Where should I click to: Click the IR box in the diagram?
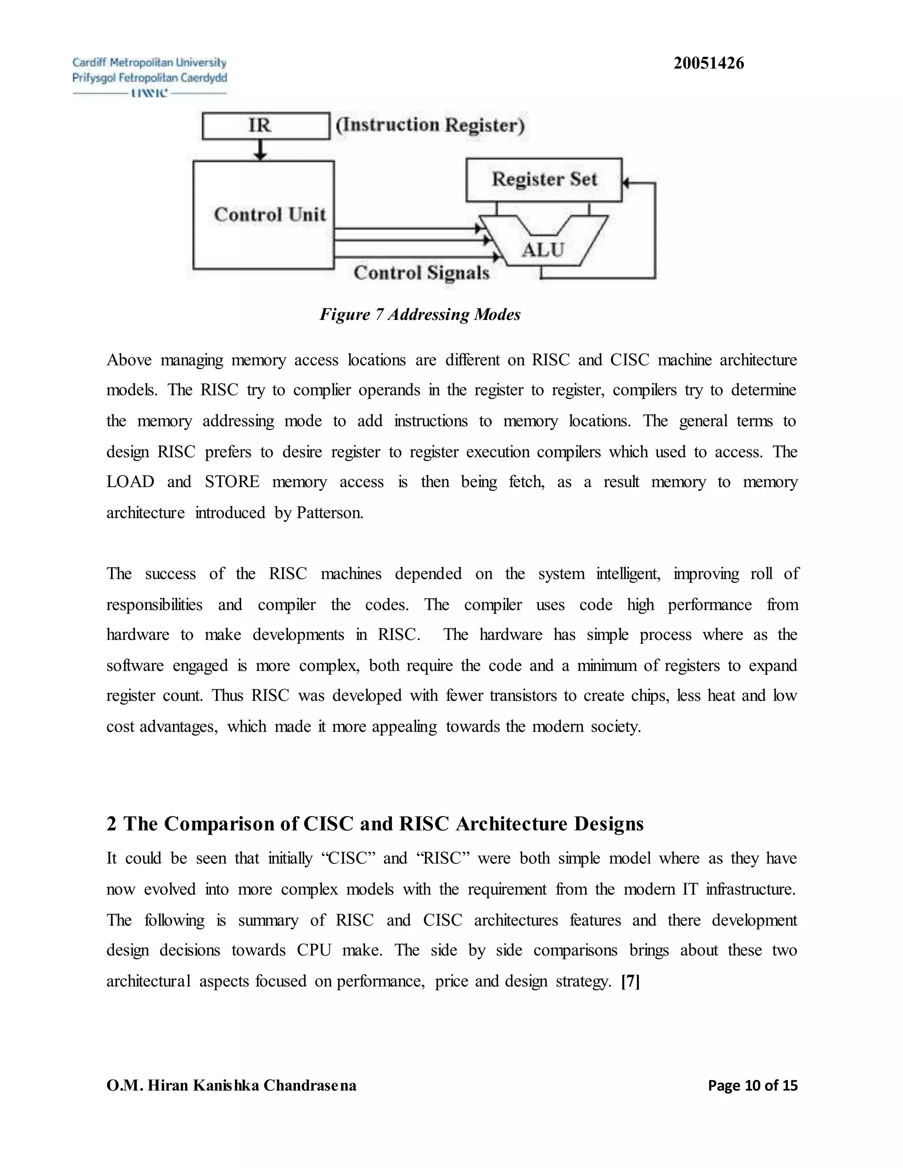tap(266, 126)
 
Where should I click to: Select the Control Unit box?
tap(264, 215)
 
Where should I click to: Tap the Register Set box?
tap(544, 179)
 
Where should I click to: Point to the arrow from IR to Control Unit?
tap(260, 150)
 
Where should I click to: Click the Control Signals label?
tap(422, 273)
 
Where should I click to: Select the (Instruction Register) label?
tap(430, 125)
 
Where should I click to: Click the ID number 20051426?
tap(708, 63)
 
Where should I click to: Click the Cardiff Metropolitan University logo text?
tap(149, 63)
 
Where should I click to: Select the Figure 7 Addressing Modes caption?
tap(420, 314)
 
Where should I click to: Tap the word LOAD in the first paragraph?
tap(130, 482)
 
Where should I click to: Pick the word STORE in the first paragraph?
tap(232, 482)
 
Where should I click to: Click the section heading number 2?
tap(111, 824)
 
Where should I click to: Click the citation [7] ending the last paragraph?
tap(630, 982)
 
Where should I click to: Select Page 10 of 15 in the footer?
tap(752, 1085)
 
